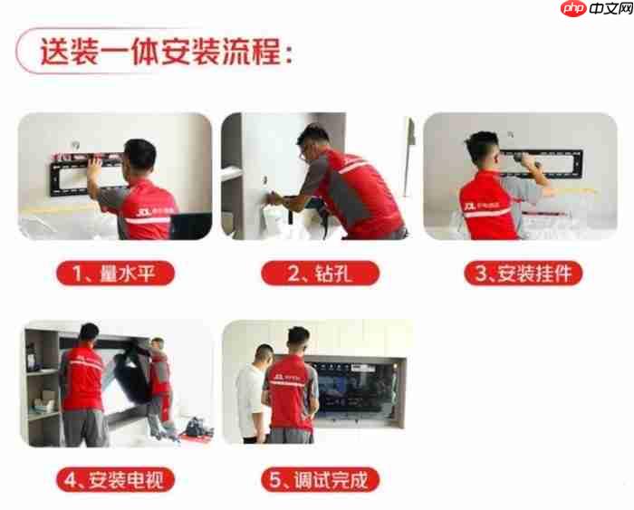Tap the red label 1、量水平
click(115, 272)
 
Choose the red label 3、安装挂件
click(524, 272)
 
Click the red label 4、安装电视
click(115, 478)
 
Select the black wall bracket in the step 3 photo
click(562, 163)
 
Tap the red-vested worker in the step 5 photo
click(292, 390)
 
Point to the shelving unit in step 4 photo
click(41, 380)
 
